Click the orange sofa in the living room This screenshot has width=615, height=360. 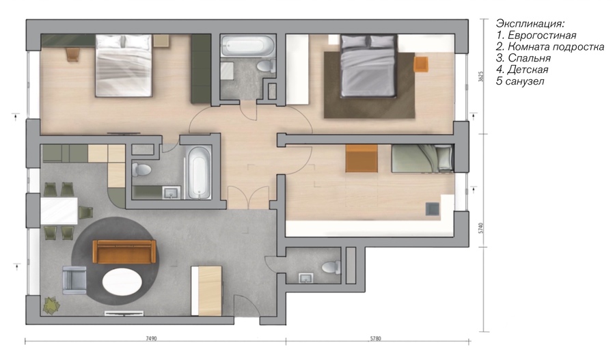(x=124, y=252)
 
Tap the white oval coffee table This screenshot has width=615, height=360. (x=122, y=283)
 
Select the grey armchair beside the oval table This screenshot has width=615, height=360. (x=74, y=279)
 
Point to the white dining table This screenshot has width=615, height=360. (x=59, y=211)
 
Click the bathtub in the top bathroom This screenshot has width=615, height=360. (x=247, y=46)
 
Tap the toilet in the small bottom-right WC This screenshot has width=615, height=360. (x=331, y=268)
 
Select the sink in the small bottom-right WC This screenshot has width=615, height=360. (x=305, y=278)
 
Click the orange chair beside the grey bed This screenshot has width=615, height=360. (x=421, y=64)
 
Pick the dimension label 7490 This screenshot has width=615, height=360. (x=151, y=338)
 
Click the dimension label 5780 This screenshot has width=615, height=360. (x=375, y=338)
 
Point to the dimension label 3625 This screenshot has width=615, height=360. (x=481, y=76)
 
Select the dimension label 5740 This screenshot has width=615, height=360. (x=481, y=228)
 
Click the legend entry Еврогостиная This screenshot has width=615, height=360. (x=542, y=36)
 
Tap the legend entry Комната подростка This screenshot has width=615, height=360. (x=556, y=46)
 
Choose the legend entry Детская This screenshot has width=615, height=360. (x=528, y=70)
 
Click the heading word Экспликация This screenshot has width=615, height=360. (x=530, y=23)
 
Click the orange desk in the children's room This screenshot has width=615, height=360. (x=361, y=158)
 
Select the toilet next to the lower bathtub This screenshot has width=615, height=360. (x=141, y=170)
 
